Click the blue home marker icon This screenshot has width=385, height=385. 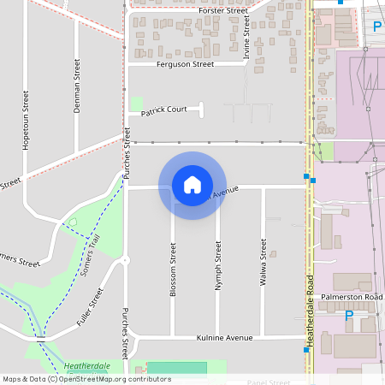tap(192, 186)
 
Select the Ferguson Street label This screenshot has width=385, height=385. tap(185, 64)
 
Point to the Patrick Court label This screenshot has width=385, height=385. tap(164, 110)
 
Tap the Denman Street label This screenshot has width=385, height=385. tap(77, 86)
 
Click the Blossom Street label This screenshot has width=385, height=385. tap(173, 269)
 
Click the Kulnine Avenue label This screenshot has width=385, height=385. tap(225, 339)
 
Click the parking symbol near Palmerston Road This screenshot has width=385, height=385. tap(348, 316)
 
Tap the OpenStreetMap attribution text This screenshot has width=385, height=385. tap(86, 378)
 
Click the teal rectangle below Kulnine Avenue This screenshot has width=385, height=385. tap(177, 367)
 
